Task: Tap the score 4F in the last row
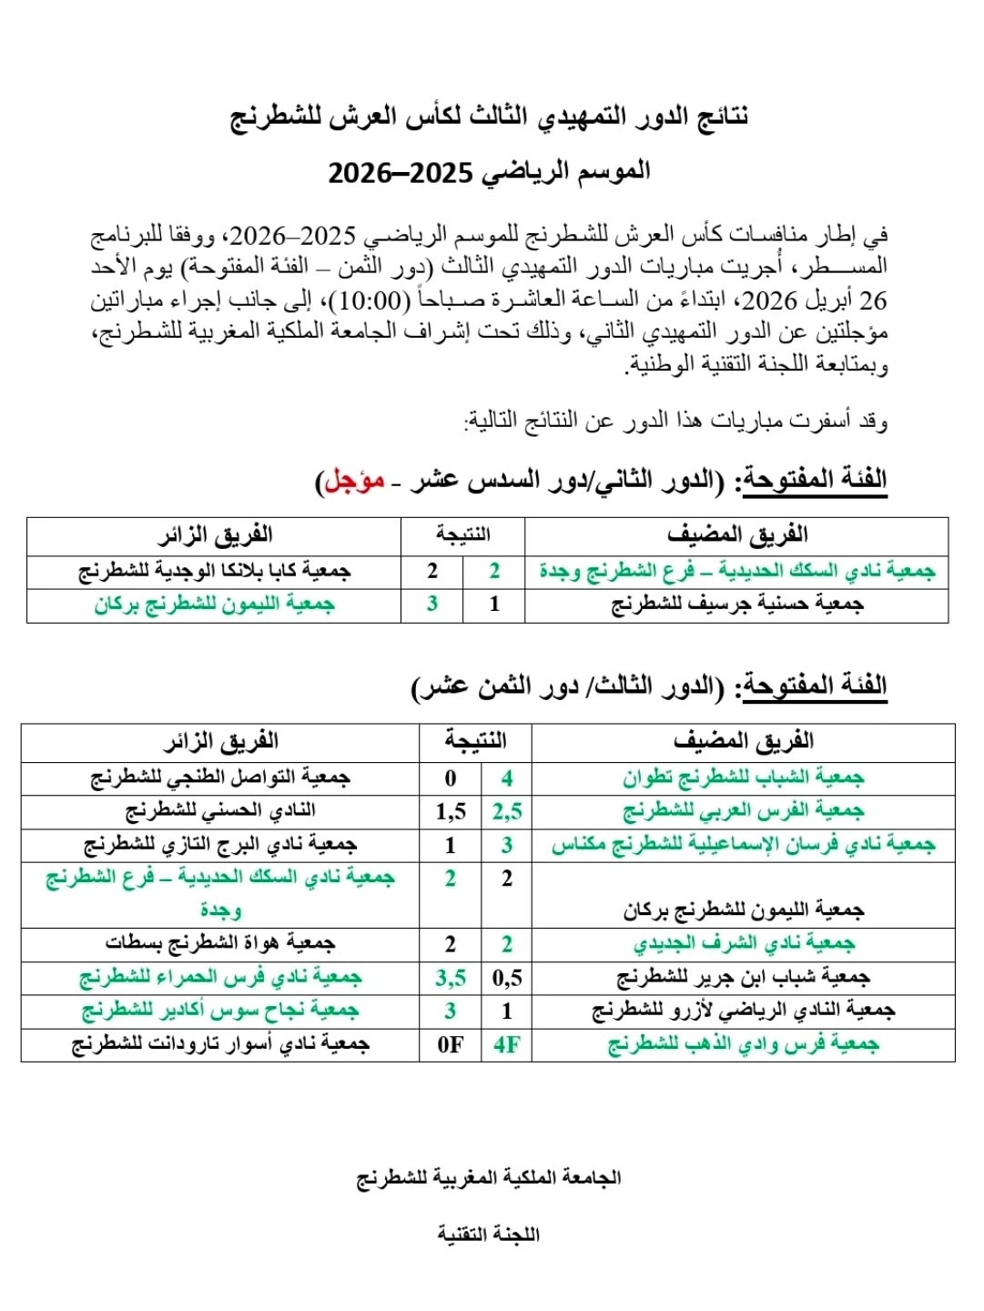[x=507, y=1044]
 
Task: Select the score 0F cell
[x=451, y=1044]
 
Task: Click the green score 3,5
[x=451, y=978]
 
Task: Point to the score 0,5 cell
[x=507, y=978]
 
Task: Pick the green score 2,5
[x=507, y=811]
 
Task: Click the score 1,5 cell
[x=451, y=811]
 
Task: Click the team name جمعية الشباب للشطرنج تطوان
[x=744, y=777]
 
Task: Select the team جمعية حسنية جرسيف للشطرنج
[x=737, y=605]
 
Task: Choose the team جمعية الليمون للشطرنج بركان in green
[x=215, y=605]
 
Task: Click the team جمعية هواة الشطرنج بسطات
[x=220, y=943]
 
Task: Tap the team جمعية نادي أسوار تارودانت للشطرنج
[x=220, y=1044]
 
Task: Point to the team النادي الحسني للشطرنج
[x=220, y=810]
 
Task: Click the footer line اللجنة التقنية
[x=489, y=1235]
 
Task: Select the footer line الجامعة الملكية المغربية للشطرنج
[x=489, y=1178]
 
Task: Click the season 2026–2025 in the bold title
[x=401, y=172]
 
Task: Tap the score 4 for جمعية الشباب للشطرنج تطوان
[x=507, y=778]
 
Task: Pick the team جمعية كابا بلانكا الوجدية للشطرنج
[x=215, y=571]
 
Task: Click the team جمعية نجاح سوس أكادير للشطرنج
[x=220, y=1011]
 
